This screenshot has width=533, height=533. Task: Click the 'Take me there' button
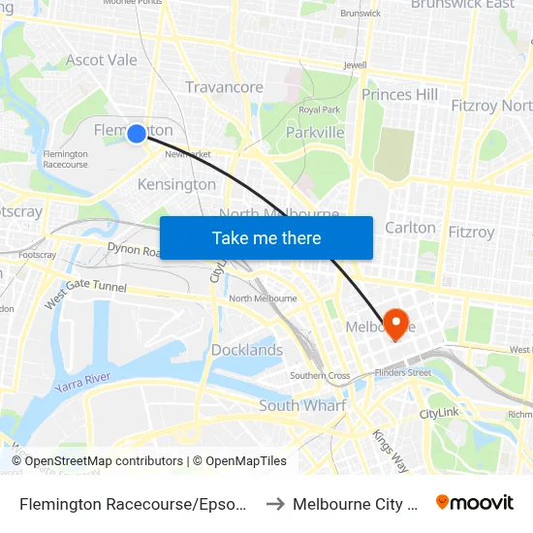pyautogui.click(x=266, y=238)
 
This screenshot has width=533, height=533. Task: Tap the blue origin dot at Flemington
pyautogui.click(x=137, y=134)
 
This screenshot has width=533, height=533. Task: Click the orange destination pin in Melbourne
pyautogui.click(x=396, y=323)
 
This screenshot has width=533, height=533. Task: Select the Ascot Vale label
pyautogui.click(x=101, y=60)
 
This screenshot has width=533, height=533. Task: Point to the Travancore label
pyautogui.click(x=224, y=87)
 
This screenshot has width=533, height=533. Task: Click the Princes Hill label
pyautogui.click(x=399, y=94)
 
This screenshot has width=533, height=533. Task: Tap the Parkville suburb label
pyautogui.click(x=315, y=132)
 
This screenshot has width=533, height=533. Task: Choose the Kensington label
pyautogui.click(x=176, y=184)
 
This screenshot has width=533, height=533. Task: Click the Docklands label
pyautogui.click(x=247, y=350)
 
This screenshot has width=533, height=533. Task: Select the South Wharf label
pyautogui.click(x=301, y=406)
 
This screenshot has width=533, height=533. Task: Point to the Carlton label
pyautogui.click(x=411, y=228)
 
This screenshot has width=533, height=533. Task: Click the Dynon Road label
pyautogui.click(x=132, y=249)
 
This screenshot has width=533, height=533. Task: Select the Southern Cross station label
pyautogui.click(x=320, y=376)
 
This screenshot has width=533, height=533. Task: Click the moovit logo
pyautogui.click(x=475, y=502)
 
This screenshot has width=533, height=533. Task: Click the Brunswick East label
pyautogui.click(x=462, y=5)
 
